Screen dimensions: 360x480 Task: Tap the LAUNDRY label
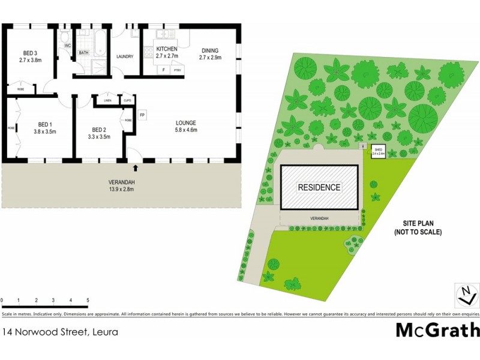124,57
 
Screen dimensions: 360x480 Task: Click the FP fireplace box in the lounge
142,115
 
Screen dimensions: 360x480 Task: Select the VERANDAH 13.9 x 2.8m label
121,185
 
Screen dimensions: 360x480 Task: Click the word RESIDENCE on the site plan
319,187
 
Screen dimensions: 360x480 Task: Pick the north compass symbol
466,295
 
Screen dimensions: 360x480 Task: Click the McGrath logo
437,330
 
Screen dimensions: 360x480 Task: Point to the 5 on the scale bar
88,300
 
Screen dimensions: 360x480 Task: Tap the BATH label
84,52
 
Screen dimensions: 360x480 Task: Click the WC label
67,46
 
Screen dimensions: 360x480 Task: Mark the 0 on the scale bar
2,300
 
